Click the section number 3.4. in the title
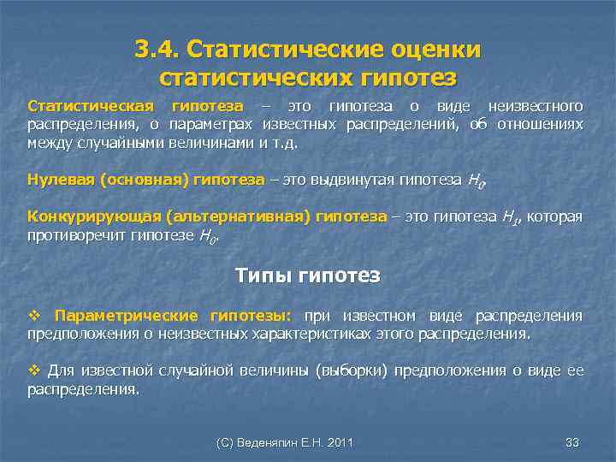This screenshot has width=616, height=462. pos(157,49)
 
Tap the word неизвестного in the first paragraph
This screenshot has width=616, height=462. pos(536,106)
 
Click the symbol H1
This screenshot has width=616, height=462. pos(508,217)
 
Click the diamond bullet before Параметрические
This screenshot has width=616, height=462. pos(34,316)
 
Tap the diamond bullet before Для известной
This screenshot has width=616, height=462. pos(34,370)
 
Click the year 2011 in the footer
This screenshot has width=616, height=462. pos(339,442)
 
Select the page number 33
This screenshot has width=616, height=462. pos(572,442)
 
